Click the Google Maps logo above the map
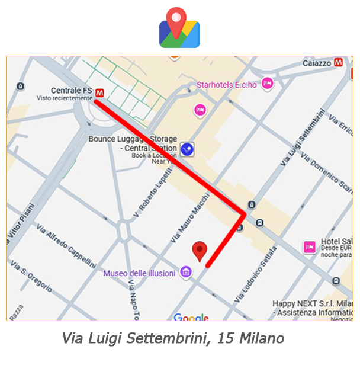(x=179, y=27)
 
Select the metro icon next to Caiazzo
(x=339, y=62)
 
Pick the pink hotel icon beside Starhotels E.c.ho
(x=268, y=84)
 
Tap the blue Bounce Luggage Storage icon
(x=188, y=149)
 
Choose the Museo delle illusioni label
(x=139, y=273)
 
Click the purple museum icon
(x=186, y=273)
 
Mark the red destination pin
(x=201, y=251)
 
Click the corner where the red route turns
(x=243, y=214)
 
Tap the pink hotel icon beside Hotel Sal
(x=308, y=246)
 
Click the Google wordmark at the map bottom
(x=191, y=319)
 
